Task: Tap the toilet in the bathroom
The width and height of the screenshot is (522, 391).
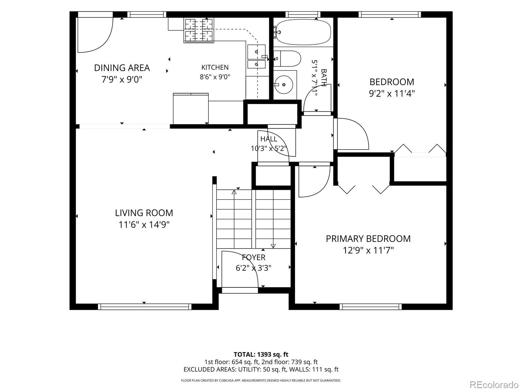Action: tap(287, 58)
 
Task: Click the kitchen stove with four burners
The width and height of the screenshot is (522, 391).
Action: tap(199, 30)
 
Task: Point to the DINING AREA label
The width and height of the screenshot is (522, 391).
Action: tap(122, 68)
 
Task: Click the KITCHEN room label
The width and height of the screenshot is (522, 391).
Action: tap(215, 67)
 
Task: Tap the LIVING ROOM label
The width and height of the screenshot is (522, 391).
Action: tap(144, 213)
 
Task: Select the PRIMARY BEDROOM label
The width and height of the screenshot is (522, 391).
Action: tap(368, 239)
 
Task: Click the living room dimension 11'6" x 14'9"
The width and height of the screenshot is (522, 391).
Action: tap(144, 224)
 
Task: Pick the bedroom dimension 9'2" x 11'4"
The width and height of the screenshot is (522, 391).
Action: tap(392, 94)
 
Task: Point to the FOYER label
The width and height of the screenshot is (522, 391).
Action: tap(253, 257)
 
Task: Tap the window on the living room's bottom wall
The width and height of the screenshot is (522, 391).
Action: tap(145, 307)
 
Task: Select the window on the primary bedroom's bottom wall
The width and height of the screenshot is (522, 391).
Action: tap(371, 307)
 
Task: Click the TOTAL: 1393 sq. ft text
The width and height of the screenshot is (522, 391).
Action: tap(261, 355)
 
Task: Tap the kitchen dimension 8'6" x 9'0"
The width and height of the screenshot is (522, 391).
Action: tap(215, 77)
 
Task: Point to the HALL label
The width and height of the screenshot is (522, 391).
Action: tap(269, 139)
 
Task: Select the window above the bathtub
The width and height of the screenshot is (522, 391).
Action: tap(303, 14)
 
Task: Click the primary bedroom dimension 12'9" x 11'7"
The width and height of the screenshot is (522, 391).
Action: tap(368, 250)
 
